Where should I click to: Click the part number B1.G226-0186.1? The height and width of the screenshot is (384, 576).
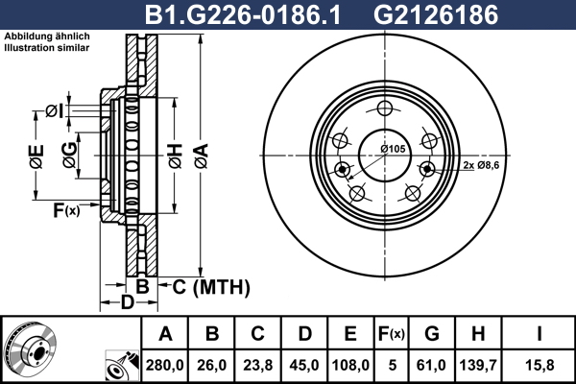243,15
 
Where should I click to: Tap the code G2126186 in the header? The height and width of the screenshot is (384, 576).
436,15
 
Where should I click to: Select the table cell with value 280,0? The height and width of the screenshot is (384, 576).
164,365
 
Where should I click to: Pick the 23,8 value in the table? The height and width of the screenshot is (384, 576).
258,365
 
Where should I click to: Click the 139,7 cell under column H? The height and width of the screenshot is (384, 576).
478,365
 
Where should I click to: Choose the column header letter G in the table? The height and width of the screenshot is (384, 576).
432,334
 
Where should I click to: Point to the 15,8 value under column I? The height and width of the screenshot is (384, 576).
539,365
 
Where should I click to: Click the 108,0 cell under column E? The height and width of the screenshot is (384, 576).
350,365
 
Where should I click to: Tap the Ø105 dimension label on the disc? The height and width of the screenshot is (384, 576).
393,149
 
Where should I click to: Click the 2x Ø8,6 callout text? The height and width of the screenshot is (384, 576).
481,165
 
